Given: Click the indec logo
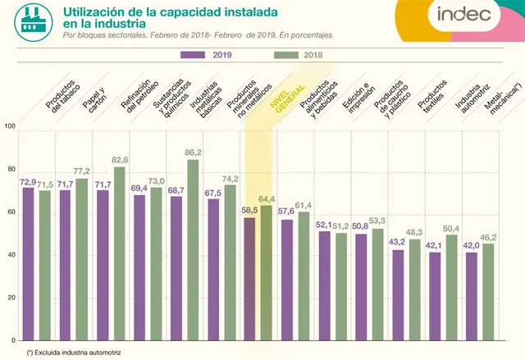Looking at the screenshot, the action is [463, 14].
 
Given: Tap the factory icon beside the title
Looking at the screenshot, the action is [34, 22].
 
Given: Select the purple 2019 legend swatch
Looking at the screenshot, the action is [193, 55].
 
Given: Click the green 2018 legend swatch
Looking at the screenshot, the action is [286, 55].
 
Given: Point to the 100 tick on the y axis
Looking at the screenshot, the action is [10, 126].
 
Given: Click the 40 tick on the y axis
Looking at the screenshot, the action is [11, 255].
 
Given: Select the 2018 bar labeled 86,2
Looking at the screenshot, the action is [193, 250].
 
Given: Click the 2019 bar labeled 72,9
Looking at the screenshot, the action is [29, 264].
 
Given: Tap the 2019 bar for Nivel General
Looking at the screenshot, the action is [249, 279].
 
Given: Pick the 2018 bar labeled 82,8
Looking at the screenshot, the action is [120, 253].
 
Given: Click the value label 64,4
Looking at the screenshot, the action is [267, 199].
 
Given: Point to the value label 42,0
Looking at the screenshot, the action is [471, 245].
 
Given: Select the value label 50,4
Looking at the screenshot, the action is [451, 229].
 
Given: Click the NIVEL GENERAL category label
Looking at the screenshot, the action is [288, 98].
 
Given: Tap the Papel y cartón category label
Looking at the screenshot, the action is [95, 98].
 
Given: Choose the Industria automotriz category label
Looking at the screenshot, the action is [472, 98].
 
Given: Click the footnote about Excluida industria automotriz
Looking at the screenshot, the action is [74, 353].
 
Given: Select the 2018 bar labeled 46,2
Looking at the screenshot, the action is [488, 292].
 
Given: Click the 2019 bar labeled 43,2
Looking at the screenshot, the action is [398, 295].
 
